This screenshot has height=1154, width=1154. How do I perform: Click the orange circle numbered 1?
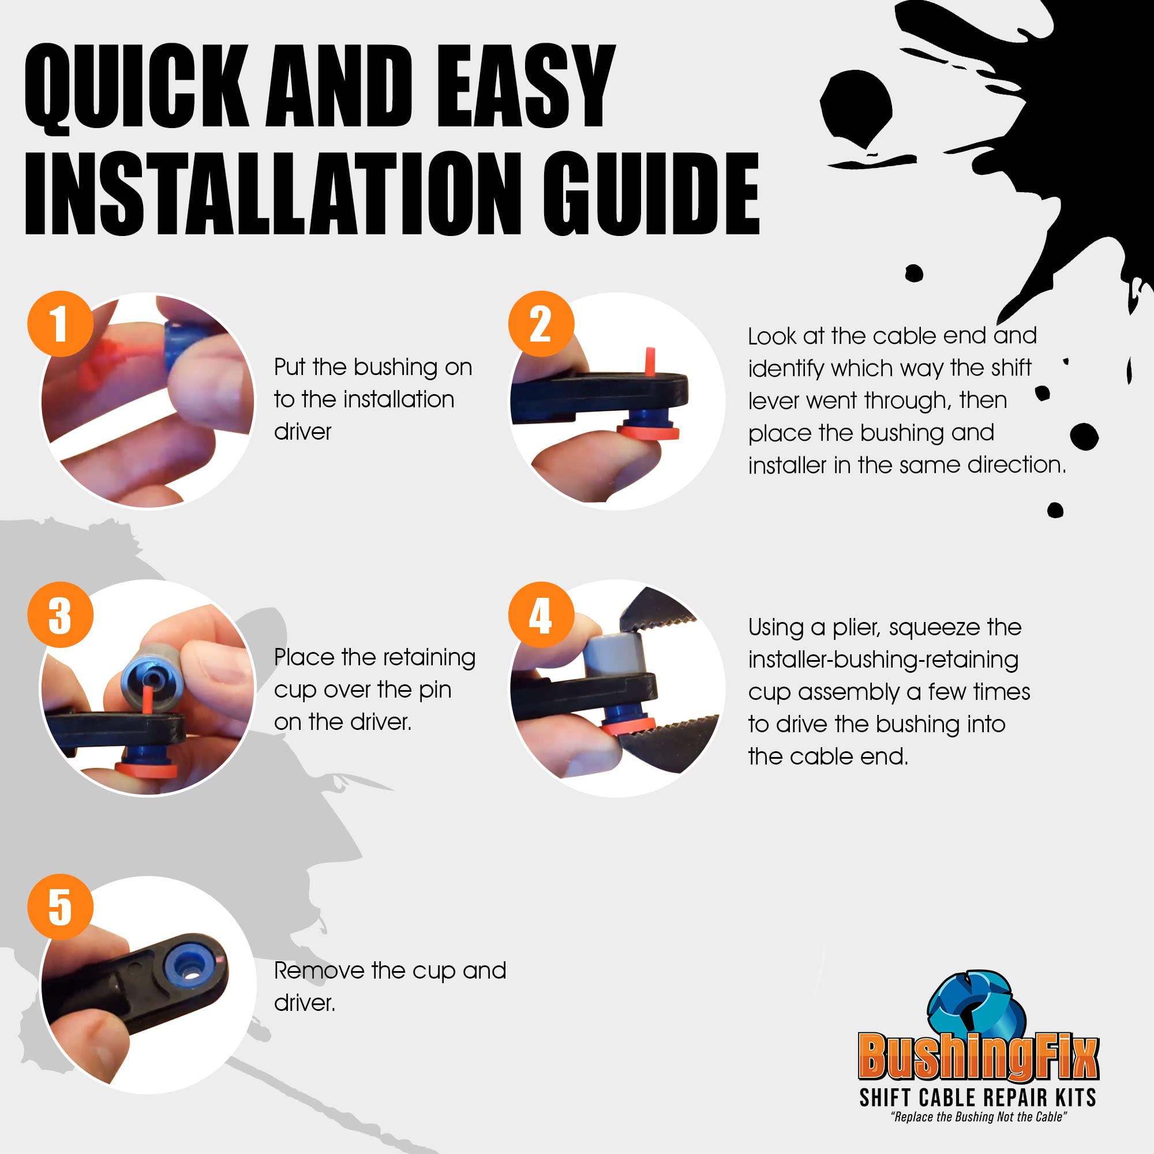(61, 324)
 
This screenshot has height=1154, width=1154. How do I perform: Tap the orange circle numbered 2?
(541, 324)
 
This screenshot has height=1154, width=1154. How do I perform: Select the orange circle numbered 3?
(61, 615)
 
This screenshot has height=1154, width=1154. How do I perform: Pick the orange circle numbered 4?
(541, 615)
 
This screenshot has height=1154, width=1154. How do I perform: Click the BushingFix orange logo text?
(978, 1056)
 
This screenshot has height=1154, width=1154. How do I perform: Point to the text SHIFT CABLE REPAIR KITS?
(978, 1098)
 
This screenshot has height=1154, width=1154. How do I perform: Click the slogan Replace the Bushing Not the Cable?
(979, 1118)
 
